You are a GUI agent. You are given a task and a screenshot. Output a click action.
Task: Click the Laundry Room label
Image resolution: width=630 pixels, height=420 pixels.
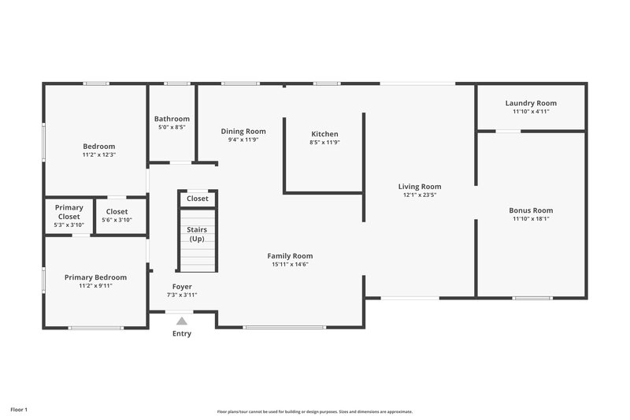pyautogui.click(x=531, y=102)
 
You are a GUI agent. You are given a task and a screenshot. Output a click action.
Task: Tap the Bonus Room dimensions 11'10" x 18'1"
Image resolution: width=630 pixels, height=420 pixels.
pyautogui.click(x=531, y=219)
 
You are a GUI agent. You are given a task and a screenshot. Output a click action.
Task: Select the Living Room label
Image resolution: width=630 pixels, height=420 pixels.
pyautogui.click(x=419, y=186)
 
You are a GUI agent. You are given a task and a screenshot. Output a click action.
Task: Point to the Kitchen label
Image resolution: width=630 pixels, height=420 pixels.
pyautogui.click(x=324, y=134)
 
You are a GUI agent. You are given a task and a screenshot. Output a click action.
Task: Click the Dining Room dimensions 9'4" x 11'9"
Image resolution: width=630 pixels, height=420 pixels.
pyautogui.click(x=243, y=139)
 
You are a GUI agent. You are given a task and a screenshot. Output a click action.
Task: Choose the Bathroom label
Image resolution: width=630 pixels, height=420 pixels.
pyautogui.click(x=172, y=118)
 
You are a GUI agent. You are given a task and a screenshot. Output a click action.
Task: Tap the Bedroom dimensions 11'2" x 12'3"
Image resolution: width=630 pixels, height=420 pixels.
pyautogui.click(x=99, y=155)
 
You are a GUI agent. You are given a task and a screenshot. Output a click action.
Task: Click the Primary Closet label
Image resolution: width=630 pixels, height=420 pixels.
pyautogui.click(x=69, y=212)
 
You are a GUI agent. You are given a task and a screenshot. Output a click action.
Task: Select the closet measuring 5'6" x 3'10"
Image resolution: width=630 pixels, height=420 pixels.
pyautogui.click(x=117, y=215)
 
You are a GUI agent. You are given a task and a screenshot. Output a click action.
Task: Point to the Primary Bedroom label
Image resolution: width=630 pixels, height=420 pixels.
pyautogui.click(x=95, y=277)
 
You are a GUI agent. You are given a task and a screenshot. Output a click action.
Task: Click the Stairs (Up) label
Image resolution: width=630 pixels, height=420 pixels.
pyautogui.click(x=196, y=234)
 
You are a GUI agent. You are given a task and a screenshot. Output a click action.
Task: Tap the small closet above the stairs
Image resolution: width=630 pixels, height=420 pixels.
pyautogui.click(x=198, y=199)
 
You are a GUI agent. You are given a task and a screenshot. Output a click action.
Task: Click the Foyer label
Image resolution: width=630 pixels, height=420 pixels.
pyautogui.click(x=182, y=286)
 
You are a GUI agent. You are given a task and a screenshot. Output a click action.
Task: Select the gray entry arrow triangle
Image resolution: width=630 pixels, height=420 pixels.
pyautogui.click(x=182, y=321)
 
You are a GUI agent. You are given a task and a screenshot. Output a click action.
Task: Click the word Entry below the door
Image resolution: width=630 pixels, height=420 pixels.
pyautogui.click(x=182, y=333)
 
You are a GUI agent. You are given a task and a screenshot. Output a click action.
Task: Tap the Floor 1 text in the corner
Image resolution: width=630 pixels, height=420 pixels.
pyautogui.click(x=19, y=410)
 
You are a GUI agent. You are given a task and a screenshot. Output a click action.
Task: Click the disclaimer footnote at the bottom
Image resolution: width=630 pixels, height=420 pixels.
pyautogui.click(x=315, y=411)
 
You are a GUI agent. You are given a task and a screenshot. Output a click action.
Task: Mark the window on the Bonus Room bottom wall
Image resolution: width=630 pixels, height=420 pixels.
pyautogui.click(x=532, y=298)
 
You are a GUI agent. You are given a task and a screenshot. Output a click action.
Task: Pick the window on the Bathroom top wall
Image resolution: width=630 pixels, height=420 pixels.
pyautogui.click(x=177, y=84)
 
